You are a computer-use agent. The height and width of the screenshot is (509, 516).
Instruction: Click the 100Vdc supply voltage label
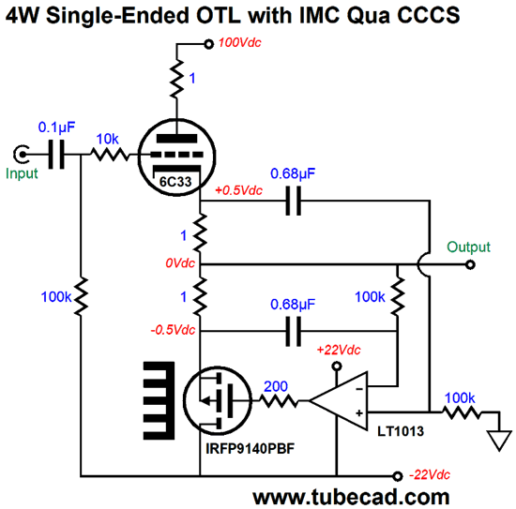(239, 43)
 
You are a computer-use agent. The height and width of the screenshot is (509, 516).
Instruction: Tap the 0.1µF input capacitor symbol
(56, 155)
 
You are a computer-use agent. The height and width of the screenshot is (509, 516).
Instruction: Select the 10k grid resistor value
(107, 140)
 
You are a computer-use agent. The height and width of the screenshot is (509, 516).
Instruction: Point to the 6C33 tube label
(175, 182)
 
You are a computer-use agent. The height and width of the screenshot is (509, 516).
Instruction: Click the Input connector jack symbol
(21, 154)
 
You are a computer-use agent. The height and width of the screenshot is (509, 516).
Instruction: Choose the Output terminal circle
(471, 264)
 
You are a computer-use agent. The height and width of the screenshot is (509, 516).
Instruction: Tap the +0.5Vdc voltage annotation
(238, 190)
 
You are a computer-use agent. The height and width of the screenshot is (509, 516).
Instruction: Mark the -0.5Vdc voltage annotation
(173, 330)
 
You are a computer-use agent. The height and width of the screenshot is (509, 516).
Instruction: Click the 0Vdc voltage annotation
(180, 263)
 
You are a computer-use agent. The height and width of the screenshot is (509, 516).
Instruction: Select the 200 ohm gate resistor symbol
(279, 401)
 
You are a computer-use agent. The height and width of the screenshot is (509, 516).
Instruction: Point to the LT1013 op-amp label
(401, 431)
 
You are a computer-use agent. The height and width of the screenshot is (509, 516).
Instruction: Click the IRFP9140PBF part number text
(250, 448)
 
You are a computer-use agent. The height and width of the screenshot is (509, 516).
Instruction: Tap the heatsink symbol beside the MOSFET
(159, 400)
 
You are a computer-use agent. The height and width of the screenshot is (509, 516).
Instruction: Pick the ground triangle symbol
(499, 441)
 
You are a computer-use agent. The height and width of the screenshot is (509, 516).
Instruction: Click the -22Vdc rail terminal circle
(398, 476)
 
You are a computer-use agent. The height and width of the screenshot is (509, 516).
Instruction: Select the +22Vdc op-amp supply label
(339, 350)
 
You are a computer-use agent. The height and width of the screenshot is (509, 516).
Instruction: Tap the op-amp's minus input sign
(359, 389)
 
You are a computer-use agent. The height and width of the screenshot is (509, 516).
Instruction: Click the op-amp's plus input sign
(359, 413)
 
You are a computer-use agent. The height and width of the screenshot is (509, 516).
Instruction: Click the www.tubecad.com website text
(351, 497)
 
